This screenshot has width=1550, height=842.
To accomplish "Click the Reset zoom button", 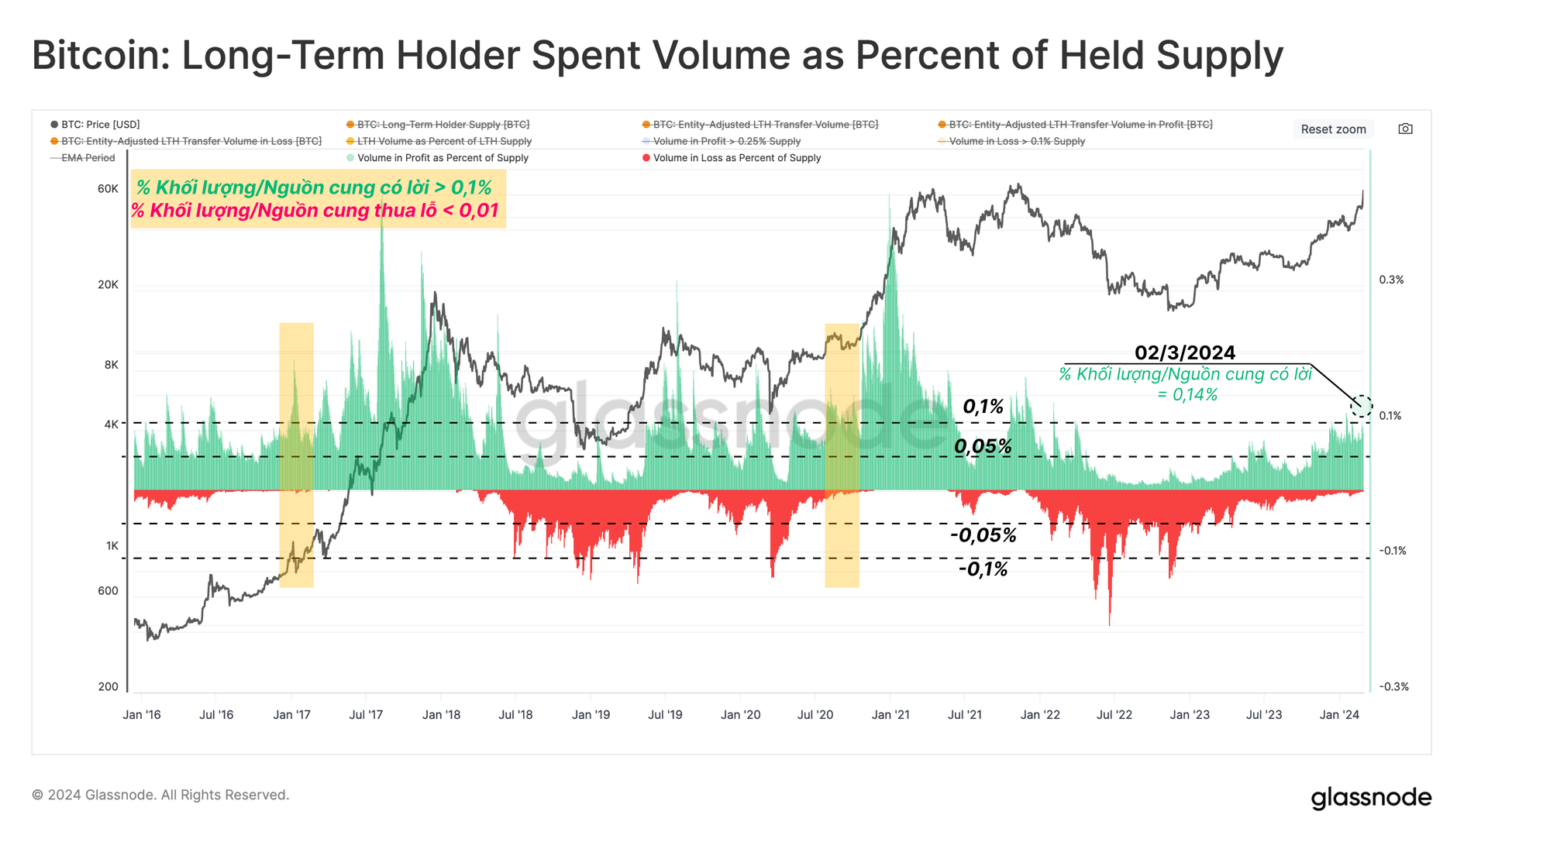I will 1333,129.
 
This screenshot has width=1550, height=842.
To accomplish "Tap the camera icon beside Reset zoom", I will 1405,129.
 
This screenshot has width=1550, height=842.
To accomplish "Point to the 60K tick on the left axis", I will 108,189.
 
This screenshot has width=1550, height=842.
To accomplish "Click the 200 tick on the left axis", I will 108,686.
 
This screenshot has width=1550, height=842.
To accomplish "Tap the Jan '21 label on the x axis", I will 890,715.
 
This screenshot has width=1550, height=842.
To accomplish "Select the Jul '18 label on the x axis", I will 515,715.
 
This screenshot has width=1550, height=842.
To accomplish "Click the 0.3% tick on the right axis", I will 1391,280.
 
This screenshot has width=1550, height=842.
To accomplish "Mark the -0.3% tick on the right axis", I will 1393,687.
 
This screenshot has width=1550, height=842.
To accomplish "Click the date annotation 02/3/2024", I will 1185,353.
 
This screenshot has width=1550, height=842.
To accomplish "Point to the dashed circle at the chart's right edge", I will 1362,405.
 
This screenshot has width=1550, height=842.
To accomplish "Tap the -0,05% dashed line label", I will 983,535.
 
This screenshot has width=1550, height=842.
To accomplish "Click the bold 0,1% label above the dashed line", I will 983,407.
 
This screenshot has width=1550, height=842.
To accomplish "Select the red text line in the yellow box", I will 315,211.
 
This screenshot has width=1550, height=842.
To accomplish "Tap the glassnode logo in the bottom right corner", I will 1371,798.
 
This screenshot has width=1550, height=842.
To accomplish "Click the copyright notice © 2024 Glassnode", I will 160,795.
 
